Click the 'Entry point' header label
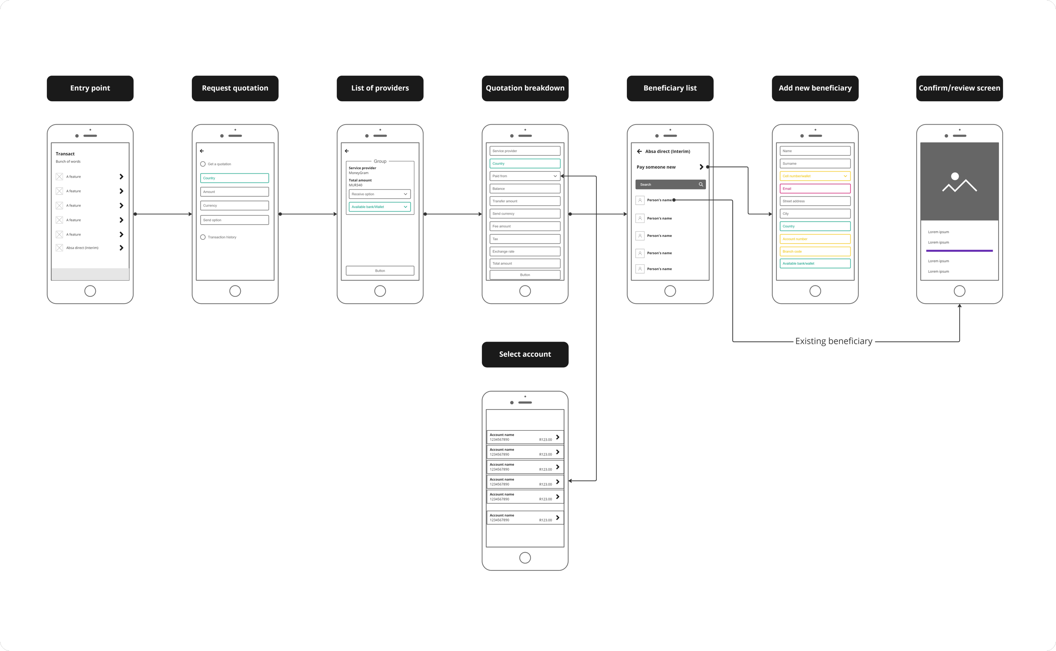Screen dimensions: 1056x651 pos(90,88)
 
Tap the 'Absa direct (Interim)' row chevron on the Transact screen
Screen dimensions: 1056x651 pos(122,248)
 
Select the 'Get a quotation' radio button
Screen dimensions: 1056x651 pos(203,164)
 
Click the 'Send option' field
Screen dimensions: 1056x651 pos(234,220)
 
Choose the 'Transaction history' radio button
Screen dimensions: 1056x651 pos(203,237)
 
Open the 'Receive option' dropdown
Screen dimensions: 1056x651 pos(379,194)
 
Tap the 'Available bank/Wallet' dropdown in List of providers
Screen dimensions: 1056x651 pos(379,207)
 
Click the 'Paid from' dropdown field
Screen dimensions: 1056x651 pos(525,176)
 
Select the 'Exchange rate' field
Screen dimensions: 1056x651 pos(525,252)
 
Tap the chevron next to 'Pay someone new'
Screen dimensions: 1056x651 pos(701,167)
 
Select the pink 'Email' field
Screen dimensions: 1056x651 pos(815,189)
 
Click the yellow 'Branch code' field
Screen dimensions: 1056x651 pos(815,252)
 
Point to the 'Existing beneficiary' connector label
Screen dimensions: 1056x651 pos(833,342)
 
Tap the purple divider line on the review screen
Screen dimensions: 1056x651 pos(959,251)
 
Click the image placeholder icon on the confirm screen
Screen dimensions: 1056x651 pos(959,182)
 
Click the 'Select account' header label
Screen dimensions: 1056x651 pos(525,354)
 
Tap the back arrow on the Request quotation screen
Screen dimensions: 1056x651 pos(201,151)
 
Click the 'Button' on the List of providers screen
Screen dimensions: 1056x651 pos(380,271)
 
